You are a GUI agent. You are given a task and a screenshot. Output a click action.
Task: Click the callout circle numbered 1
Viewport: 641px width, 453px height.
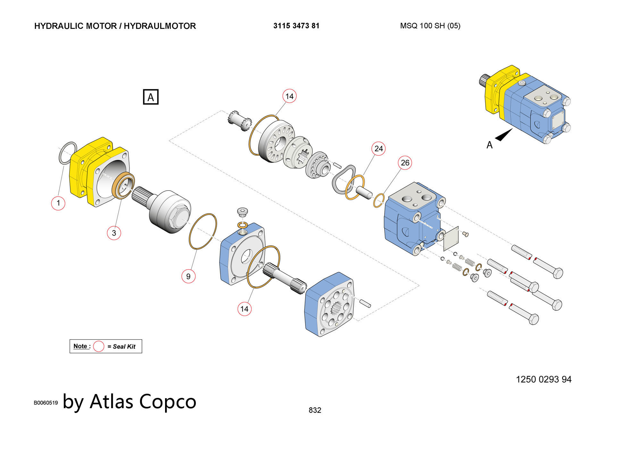click(58, 203)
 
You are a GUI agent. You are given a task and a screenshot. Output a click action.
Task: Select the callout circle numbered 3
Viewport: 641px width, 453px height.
click(114, 233)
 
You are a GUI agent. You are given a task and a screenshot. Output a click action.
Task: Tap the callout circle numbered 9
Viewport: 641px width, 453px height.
click(188, 276)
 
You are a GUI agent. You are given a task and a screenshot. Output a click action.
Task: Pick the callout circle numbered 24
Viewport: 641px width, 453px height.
click(379, 149)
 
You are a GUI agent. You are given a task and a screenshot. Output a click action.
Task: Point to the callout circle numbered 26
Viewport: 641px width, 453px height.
click(405, 163)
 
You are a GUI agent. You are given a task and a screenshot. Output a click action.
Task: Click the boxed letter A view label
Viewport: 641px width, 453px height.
click(151, 97)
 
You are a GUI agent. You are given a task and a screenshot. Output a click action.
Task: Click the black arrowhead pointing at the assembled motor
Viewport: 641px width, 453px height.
click(504, 135)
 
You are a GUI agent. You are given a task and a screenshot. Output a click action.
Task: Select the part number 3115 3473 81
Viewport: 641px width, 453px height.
click(296, 26)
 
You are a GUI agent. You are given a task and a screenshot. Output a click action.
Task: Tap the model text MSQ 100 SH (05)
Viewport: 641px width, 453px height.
click(430, 26)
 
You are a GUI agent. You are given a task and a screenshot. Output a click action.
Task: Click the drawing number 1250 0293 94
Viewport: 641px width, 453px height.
click(544, 380)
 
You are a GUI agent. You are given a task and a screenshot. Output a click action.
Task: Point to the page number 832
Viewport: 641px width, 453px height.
click(315, 410)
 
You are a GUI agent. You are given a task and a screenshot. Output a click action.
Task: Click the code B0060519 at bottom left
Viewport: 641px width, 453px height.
click(46, 403)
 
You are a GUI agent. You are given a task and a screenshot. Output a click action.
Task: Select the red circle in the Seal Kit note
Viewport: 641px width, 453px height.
click(99, 346)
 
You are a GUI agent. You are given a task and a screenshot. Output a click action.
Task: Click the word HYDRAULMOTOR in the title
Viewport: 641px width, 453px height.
click(160, 26)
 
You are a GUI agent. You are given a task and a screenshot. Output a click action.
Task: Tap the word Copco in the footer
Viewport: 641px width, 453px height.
click(168, 401)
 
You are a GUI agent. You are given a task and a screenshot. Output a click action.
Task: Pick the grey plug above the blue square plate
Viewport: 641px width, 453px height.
click(243, 212)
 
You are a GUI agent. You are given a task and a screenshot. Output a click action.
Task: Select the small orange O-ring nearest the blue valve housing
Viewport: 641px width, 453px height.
click(379, 201)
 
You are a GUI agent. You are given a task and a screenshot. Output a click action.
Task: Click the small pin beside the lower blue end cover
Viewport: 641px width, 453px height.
click(365, 303)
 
